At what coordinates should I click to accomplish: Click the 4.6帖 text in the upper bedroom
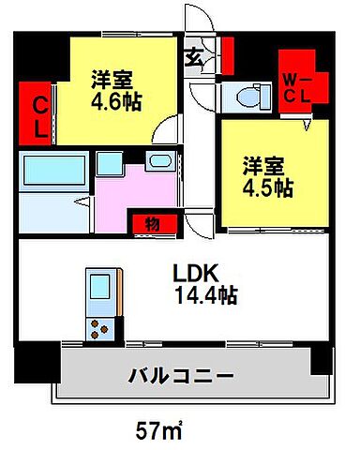pyautogui.click(x=115, y=101)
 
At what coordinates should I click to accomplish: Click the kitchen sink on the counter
pyautogui.click(x=99, y=285)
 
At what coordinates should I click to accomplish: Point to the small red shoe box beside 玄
pyautogui.click(x=227, y=57)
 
